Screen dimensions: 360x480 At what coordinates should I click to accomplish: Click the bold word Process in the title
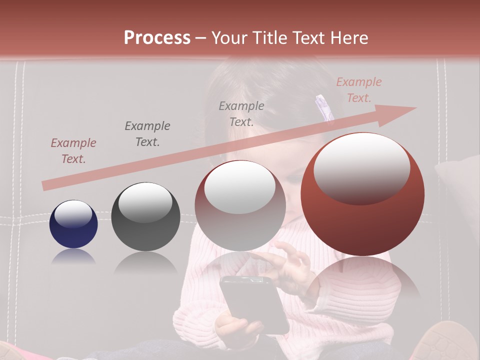pos(157,38)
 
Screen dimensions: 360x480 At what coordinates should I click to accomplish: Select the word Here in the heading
pos(349,38)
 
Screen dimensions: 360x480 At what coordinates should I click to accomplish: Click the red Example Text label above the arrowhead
pos(358,90)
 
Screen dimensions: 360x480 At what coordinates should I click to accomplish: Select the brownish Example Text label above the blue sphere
pos(73,151)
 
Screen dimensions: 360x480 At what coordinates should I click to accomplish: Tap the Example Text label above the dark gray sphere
pos(147,133)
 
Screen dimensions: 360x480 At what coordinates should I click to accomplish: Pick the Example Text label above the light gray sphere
pos(241,113)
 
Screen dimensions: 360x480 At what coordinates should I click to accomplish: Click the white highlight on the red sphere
pos(361,167)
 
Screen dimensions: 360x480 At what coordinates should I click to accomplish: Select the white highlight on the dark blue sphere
pos(73,214)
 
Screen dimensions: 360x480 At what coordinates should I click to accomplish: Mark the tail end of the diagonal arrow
pos(45,186)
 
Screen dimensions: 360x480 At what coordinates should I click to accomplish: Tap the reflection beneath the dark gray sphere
pos(145,262)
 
